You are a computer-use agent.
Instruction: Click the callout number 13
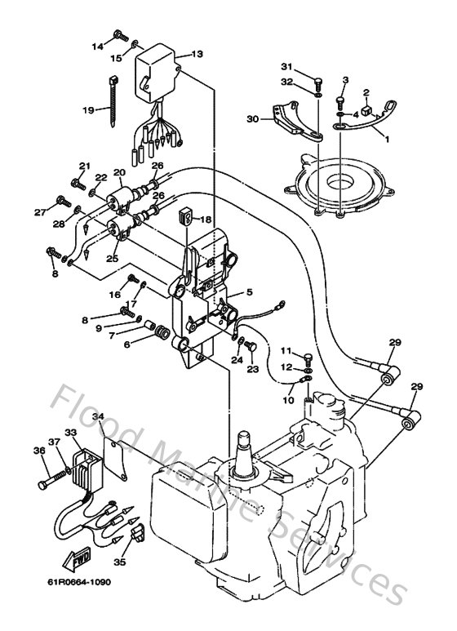pyautogui.click(x=197, y=54)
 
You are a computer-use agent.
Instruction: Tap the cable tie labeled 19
pyautogui.click(x=111, y=96)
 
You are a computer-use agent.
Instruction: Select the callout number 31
pyautogui.click(x=286, y=66)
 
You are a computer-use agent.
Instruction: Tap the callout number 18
pyautogui.click(x=205, y=220)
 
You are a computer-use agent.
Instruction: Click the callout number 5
pyautogui.click(x=250, y=290)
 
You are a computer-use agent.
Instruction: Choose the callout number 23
pyautogui.click(x=251, y=369)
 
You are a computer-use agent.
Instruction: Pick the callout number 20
pyautogui.click(x=118, y=172)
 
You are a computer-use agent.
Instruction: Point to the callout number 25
pyautogui.click(x=113, y=258)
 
